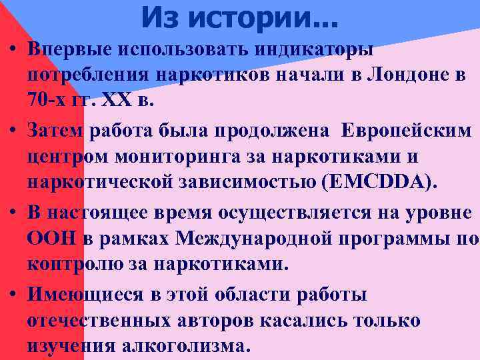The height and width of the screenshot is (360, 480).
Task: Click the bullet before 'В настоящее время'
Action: pos(13,212)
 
